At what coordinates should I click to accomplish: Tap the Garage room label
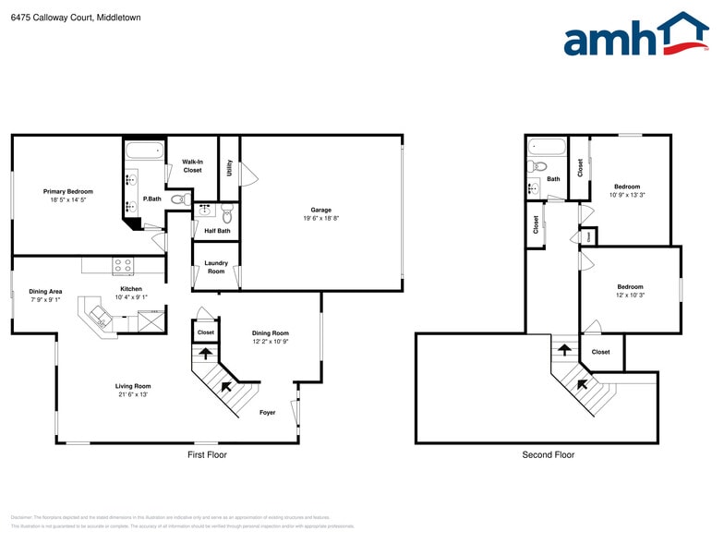320,210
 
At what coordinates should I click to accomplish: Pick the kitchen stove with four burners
123,266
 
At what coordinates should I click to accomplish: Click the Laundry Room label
215,268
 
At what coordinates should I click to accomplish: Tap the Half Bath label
217,231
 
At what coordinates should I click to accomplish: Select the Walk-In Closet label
192,165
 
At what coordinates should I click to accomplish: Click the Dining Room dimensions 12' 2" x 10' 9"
271,342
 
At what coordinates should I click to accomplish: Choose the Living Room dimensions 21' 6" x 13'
132,394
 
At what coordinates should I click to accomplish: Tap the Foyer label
268,413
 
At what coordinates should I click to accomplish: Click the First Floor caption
207,454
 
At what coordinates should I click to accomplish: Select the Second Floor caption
549,454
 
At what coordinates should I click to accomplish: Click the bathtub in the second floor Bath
546,148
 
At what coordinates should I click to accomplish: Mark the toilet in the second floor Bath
537,167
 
